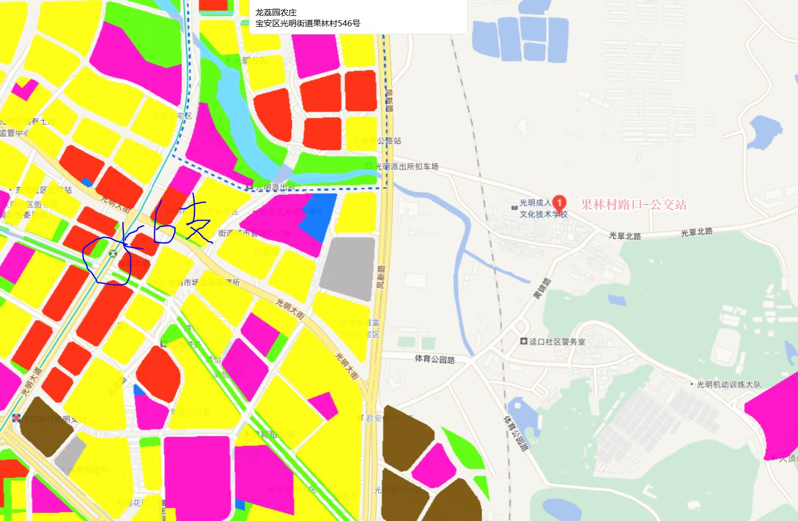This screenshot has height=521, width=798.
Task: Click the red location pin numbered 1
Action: [559, 202]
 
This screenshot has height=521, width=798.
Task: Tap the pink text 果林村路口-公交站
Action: [633, 205]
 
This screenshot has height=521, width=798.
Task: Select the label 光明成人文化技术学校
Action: [543, 209]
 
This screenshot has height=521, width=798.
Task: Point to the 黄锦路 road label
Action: [542, 289]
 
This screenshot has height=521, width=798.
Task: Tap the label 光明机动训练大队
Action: [728, 384]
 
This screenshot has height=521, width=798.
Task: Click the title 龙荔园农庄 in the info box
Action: [276, 12]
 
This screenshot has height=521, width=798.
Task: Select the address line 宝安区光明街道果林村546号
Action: [308, 23]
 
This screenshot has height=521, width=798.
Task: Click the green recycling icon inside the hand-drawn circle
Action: [113, 253]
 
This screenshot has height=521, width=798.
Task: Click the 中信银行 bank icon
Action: [17, 419]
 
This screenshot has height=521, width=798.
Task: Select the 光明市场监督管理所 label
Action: [204, 283]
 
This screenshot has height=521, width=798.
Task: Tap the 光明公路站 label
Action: [381, 141]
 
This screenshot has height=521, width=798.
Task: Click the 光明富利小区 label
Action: [398, 490]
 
